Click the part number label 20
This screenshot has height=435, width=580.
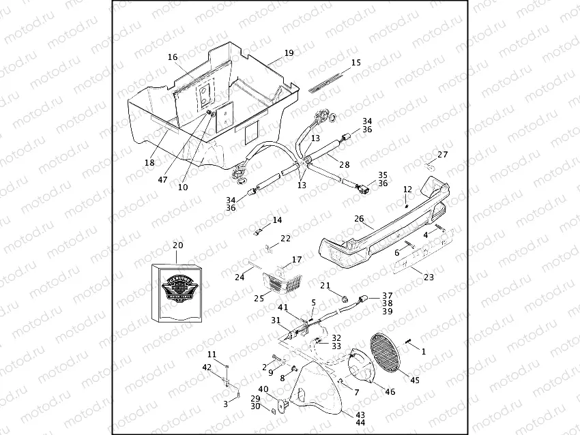[x=177, y=245]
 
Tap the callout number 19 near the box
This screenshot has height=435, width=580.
[x=289, y=52]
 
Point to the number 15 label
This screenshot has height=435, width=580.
[x=356, y=63]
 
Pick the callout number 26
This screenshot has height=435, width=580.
[x=360, y=219]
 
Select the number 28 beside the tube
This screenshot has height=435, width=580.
[x=344, y=164]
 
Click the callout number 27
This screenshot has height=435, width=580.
[x=443, y=154]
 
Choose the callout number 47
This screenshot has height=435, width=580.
[x=162, y=179]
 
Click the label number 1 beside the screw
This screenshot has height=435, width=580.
[x=423, y=352]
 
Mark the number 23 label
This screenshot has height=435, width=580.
[x=429, y=277]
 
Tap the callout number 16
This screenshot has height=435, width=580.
[x=173, y=57]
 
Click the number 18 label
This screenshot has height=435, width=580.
[x=149, y=163]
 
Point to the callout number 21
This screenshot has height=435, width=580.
[x=325, y=286]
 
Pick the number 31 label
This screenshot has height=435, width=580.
[x=276, y=320]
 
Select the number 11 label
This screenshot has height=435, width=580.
[x=212, y=355]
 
